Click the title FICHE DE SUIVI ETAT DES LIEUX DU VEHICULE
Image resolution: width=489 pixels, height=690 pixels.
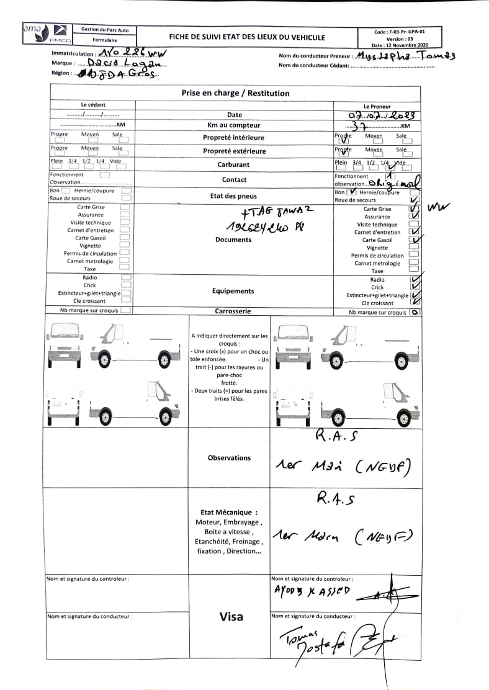tap(246, 37)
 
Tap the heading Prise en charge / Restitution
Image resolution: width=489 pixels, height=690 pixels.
tap(235, 93)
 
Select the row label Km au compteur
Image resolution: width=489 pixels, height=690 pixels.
tap(234, 125)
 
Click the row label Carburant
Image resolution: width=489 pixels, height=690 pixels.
tap(233, 164)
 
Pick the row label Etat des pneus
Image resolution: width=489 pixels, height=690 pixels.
tap(234, 196)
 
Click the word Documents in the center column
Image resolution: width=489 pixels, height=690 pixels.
tap(233, 240)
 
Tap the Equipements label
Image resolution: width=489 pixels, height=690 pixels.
tap(233, 291)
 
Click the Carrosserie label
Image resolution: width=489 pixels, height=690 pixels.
tap(233, 311)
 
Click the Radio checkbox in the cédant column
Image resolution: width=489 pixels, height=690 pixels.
tap(125, 277)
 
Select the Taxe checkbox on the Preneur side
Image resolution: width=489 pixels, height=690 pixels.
tap(414, 271)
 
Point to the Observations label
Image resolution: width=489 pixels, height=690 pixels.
tap(230, 458)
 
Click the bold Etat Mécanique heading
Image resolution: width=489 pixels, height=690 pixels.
tap(229, 513)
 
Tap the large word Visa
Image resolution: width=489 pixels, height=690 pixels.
tap(231, 617)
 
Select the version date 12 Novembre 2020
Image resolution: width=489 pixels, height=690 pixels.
tap(400, 45)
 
